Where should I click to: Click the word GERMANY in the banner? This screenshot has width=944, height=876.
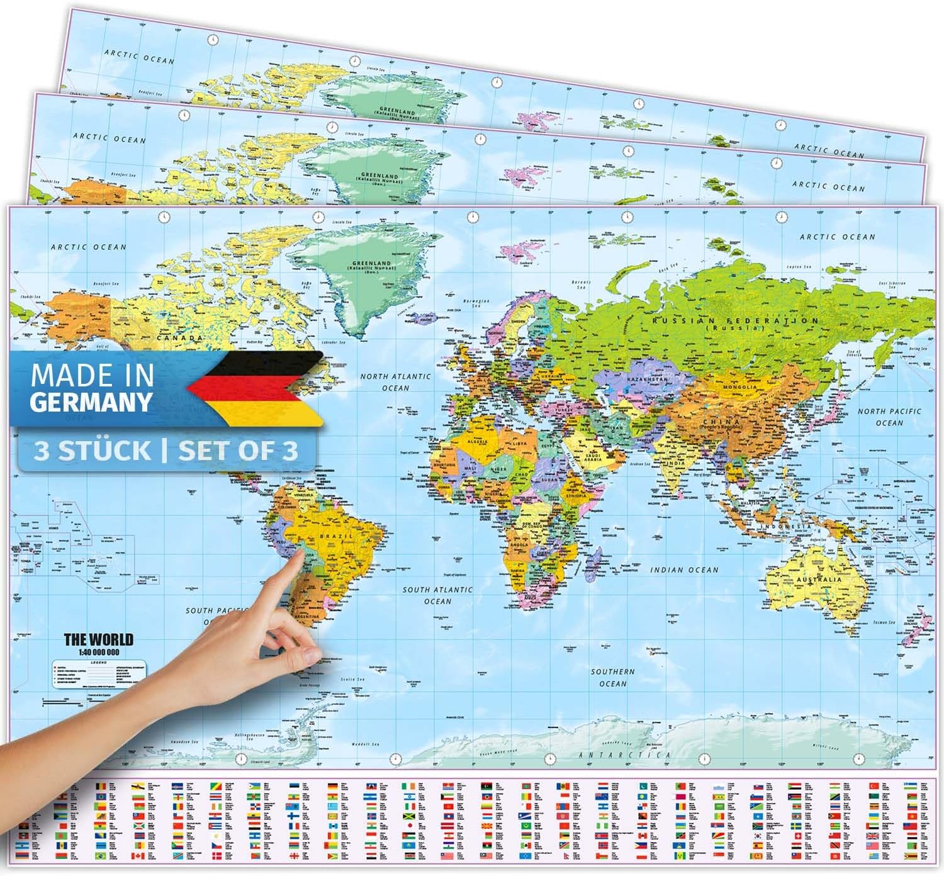(x=91, y=401)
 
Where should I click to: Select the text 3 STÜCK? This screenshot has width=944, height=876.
(x=92, y=451)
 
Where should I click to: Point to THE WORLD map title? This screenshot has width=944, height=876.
(x=99, y=640)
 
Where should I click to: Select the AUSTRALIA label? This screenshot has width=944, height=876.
(x=818, y=579)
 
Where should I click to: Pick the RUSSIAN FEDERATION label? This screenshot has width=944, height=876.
(x=735, y=321)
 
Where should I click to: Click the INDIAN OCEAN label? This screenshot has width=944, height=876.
(x=684, y=570)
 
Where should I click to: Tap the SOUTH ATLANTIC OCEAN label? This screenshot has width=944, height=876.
(x=437, y=595)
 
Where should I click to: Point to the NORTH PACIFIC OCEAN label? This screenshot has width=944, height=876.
(x=889, y=417)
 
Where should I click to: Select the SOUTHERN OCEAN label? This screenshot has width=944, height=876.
(x=613, y=678)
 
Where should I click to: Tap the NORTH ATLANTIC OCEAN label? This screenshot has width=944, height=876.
(x=395, y=382)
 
